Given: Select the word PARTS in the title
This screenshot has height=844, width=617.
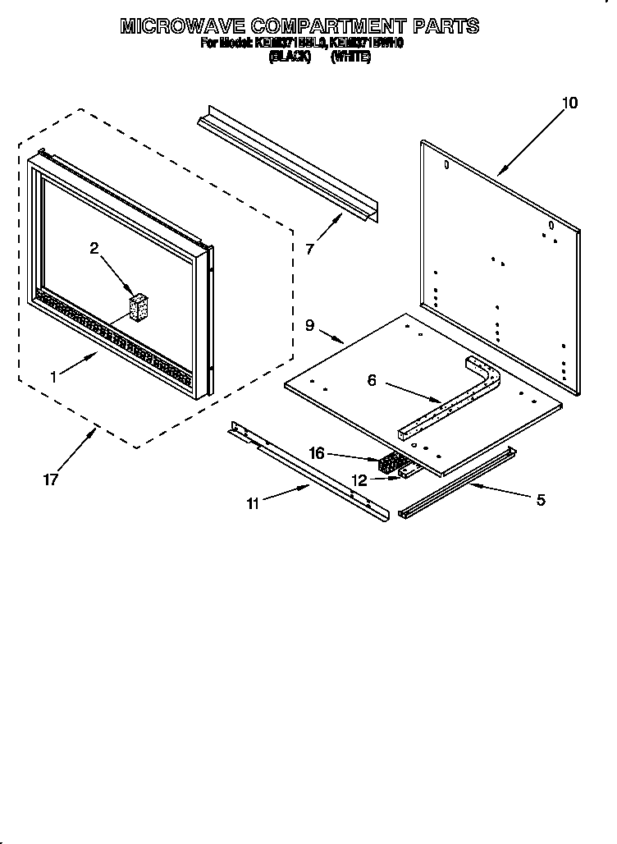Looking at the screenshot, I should (x=446, y=26).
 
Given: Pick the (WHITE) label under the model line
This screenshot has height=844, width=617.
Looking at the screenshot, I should (x=350, y=57).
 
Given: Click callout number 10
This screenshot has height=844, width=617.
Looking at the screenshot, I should (x=569, y=103).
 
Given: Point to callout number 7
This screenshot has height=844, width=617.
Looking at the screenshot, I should (x=309, y=249).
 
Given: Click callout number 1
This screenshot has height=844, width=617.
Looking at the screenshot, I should (x=53, y=377).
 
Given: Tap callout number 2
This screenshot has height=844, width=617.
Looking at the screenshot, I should (x=94, y=248).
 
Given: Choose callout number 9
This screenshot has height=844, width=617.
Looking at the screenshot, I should (x=310, y=325).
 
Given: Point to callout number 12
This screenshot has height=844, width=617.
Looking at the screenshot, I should (x=359, y=480).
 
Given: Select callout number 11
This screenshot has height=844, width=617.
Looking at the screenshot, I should (x=253, y=503).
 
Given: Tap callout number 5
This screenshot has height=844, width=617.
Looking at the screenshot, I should (x=540, y=499).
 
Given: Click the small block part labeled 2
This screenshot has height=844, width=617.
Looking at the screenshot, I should (x=139, y=307).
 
